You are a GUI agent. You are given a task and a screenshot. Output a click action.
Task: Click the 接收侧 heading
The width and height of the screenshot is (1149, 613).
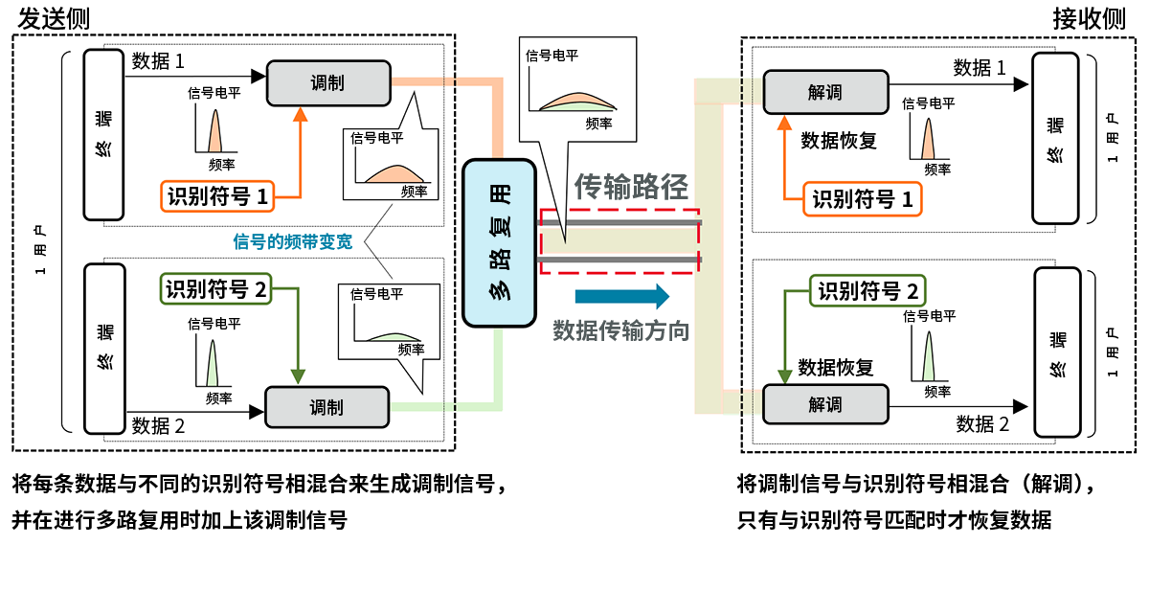[x=1089, y=17]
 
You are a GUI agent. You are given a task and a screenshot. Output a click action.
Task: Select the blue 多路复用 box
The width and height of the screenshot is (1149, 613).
[x=499, y=243]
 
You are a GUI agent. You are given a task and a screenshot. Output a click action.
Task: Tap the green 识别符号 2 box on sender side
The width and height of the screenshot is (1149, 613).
[x=217, y=288]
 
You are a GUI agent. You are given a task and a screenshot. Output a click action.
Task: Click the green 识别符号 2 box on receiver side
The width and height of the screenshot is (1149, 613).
[x=868, y=291]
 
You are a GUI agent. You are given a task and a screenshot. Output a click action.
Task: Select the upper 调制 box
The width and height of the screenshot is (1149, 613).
[x=327, y=83]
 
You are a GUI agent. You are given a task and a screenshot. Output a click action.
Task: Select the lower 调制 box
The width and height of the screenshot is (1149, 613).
[x=327, y=407]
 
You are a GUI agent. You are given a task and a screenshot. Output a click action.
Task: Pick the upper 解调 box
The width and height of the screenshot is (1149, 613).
[x=824, y=92]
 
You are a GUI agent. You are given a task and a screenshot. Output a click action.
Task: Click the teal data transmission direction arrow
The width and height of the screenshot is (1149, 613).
[x=621, y=296]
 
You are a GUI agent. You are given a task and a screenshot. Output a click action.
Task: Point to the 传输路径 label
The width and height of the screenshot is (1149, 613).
[x=631, y=187]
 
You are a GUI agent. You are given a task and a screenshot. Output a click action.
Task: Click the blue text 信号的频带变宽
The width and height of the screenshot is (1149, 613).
[x=293, y=241]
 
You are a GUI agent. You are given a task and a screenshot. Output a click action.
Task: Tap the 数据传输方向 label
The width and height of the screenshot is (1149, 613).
[x=620, y=331]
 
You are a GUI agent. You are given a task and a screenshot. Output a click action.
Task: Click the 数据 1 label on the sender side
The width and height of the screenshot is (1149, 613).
[x=158, y=62]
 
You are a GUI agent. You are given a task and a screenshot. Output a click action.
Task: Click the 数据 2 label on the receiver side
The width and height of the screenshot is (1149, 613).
[x=982, y=424]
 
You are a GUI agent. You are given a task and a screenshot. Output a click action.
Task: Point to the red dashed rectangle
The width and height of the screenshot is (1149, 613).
[x=620, y=240]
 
